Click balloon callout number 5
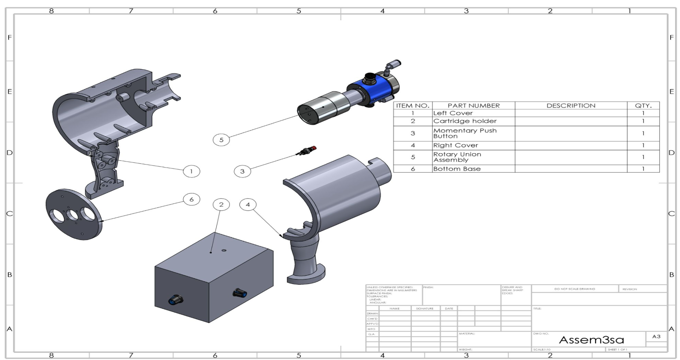(x=221, y=140)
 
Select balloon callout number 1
(x=191, y=171)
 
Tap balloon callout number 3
(x=242, y=171)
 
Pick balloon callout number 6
(x=191, y=199)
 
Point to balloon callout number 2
(x=221, y=204)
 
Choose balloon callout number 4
(x=247, y=204)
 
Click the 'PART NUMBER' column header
(x=473, y=106)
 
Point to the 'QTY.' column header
(x=643, y=106)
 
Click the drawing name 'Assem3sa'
(x=591, y=340)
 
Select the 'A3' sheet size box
(x=656, y=337)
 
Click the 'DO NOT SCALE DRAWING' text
(x=574, y=289)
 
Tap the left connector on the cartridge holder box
(x=175, y=300)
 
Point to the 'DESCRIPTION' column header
(x=571, y=106)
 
